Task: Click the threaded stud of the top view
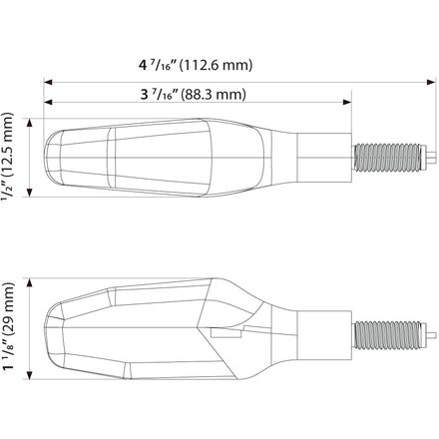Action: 388,158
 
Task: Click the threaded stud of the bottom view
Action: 388,335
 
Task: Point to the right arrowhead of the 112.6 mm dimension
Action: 431,82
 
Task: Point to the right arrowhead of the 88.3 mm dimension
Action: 347,102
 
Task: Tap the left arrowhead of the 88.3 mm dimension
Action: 48,102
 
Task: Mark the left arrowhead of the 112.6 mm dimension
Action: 48,82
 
